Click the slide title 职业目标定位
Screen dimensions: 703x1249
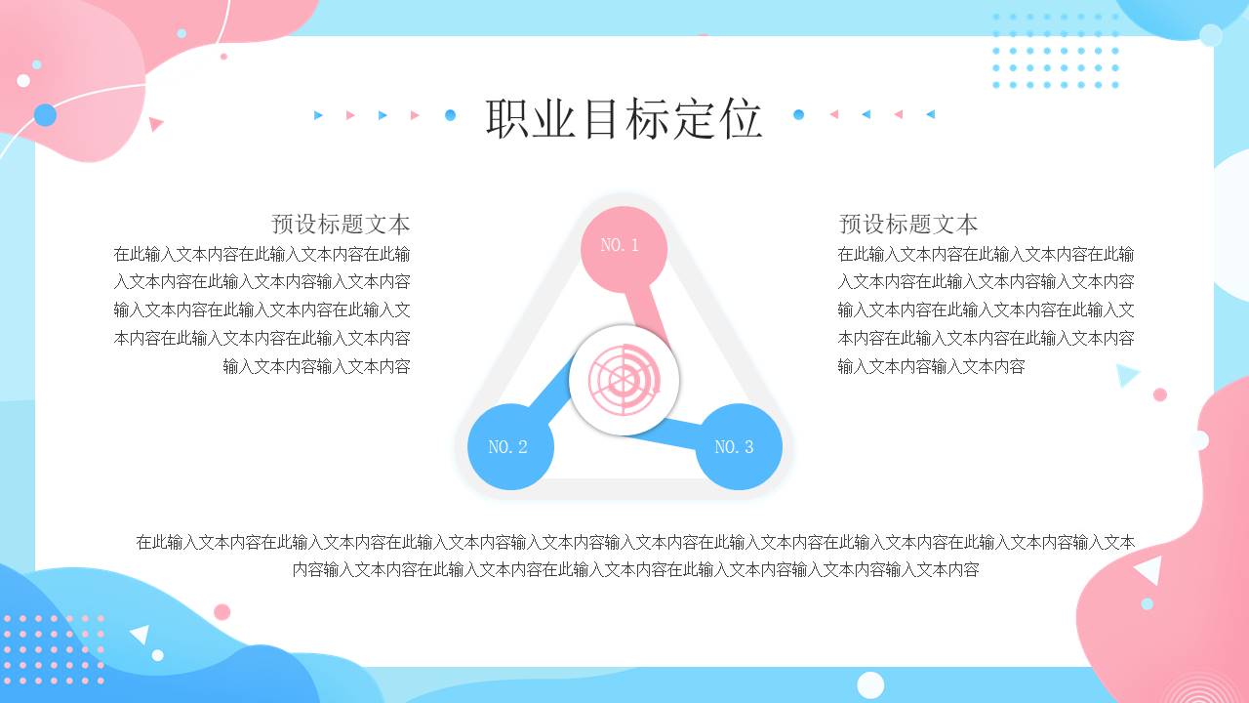point(624,118)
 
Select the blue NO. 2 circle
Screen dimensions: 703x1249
point(510,447)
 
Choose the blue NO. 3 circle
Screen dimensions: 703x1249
point(739,446)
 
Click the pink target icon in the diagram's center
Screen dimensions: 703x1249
point(624,380)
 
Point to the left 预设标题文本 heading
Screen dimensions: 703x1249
point(341,224)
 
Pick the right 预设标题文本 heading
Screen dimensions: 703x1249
point(908,224)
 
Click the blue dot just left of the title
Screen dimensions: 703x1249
point(450,115)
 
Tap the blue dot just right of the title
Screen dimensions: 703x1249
point(798,114)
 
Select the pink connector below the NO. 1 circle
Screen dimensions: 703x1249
point(646,310)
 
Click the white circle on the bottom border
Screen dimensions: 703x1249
point(870,684)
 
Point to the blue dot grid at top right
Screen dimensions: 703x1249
point(1055,51)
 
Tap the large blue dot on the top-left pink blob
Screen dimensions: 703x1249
point(45,114)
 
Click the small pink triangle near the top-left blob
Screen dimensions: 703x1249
point(155,124)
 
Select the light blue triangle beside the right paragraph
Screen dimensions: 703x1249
point(1128,374)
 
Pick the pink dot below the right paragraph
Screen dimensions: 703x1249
point(1159,394)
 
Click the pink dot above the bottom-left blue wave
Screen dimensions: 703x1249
point(222,612)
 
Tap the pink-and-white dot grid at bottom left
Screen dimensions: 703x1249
point(53,648)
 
